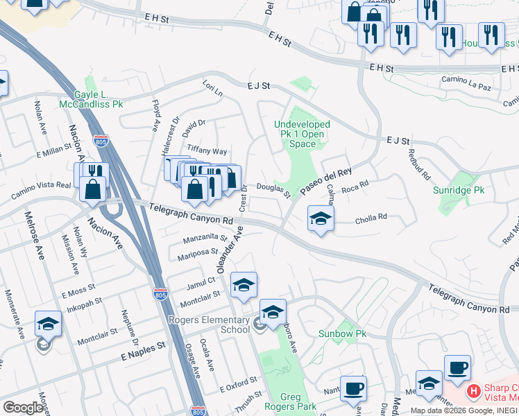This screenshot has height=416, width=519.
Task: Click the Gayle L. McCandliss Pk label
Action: coord(99,99)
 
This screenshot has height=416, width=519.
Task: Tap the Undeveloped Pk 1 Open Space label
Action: coord(302,134)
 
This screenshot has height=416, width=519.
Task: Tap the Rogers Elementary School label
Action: coord(209,324)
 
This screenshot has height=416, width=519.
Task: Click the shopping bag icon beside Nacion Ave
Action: coord(92,189)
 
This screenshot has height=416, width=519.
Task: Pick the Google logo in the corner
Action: coord(24,407)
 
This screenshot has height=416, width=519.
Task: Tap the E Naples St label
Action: coord(143,350)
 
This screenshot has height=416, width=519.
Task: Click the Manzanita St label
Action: coord(205,239)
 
